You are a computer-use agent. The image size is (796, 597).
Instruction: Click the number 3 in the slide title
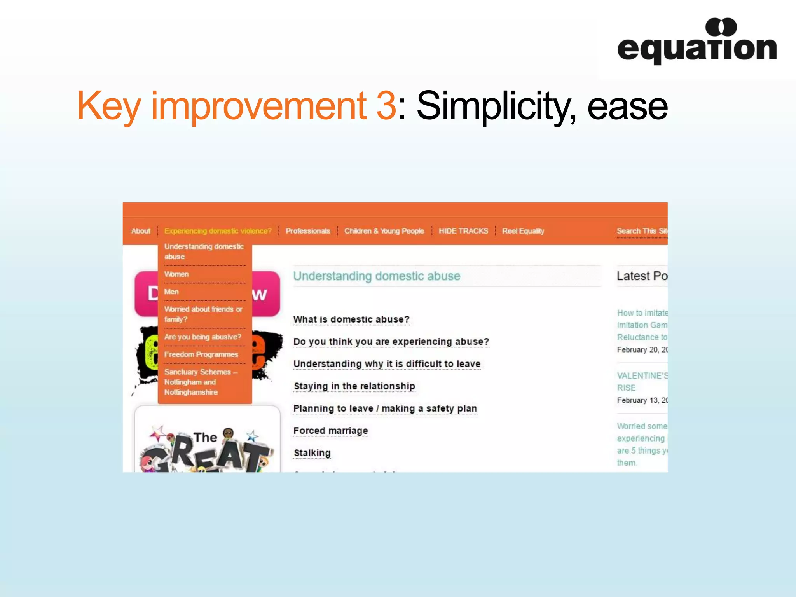[386, 105]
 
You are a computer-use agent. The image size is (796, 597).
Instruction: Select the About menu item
[141, 231]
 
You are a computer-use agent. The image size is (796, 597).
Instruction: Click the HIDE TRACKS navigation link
[463, 231]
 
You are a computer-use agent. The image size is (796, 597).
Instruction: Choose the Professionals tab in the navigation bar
[307, 231]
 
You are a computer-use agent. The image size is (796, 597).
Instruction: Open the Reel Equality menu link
[523, 231]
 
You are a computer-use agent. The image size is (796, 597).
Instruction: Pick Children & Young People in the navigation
[384, 231]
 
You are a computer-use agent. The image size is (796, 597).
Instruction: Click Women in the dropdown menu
[176, 274]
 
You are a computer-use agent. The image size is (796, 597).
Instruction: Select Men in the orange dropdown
[171, 292]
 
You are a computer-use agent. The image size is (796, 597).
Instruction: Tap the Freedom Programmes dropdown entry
[201, 354]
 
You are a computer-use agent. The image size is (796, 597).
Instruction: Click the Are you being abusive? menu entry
[202, 337]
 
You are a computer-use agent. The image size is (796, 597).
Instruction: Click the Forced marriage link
[330, 431]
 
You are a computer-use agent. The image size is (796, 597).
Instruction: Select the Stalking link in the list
[312, 453]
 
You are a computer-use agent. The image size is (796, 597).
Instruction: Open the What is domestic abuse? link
[351, 319]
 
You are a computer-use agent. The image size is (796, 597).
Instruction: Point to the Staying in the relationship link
[354, 386]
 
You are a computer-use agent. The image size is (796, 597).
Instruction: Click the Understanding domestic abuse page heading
[376, 276]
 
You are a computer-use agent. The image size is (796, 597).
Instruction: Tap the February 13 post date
[641, 400]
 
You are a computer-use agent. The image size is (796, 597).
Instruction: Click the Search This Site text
[641, 231]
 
